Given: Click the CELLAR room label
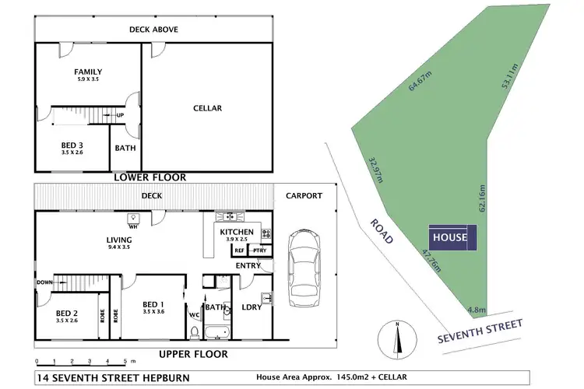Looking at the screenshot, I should click(207, 108).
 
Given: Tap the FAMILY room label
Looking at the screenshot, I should click(88, 72).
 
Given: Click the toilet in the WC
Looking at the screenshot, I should click(195, 332).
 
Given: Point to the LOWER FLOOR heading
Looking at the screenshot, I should click(150, 177).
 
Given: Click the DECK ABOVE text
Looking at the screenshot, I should click(153, 30).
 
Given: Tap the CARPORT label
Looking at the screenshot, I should click(303, 196).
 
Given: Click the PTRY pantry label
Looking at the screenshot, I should click(258, 251).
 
